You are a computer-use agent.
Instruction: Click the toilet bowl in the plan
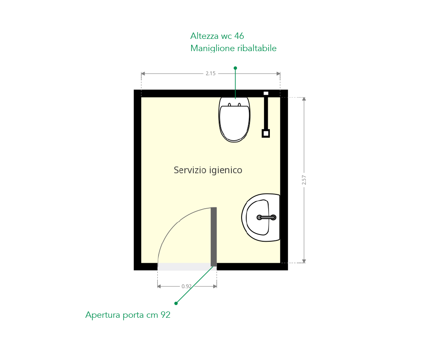click(234, 120)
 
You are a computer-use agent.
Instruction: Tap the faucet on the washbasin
click(266, 218)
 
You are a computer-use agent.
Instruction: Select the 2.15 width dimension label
click(210, 73)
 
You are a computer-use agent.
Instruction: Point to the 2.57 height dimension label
click(304, 180)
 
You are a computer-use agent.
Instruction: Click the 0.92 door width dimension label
click(187, 286)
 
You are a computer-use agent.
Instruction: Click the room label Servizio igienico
click(208, 170)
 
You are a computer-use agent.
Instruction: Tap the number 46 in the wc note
click(239, 36)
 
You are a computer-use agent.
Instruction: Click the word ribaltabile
click(257, 48)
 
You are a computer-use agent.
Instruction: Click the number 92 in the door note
click(166, 315)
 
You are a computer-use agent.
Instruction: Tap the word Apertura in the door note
click(103, 315)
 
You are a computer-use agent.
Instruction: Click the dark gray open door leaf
click(214, 237)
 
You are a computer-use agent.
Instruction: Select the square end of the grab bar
click(266, 134)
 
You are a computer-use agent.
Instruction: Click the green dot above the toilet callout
click(235, 68)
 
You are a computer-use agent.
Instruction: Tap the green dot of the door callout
click(176, 303)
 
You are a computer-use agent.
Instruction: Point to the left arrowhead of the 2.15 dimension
click(143, 74)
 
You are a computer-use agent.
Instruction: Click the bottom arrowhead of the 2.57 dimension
click(304, 261)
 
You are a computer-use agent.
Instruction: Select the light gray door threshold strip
click(184, 267)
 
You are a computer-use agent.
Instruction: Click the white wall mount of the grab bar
click(266, 93)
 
